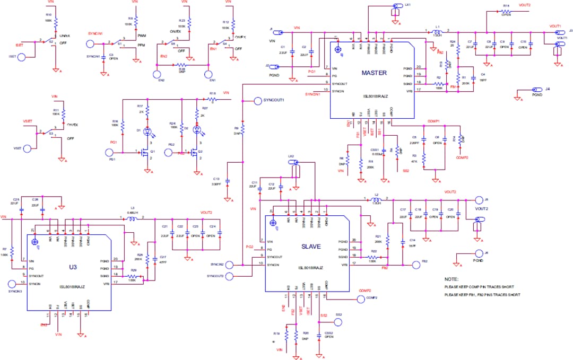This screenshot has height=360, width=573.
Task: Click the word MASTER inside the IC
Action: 374,73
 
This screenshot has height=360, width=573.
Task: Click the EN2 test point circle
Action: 157,75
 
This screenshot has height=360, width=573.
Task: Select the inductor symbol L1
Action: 437,32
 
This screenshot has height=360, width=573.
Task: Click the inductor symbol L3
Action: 131,218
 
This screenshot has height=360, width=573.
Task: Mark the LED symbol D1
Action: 147,130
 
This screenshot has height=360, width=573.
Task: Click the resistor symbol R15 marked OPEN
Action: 506,11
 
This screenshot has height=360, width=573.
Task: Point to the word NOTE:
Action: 452,278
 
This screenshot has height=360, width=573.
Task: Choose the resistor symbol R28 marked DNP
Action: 181,65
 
